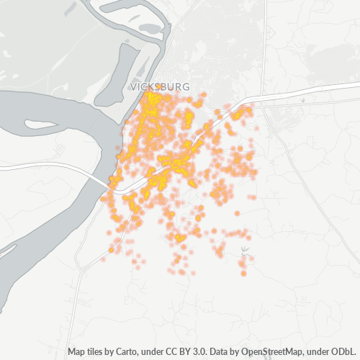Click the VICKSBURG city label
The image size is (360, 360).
161,86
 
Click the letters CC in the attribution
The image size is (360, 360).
171,352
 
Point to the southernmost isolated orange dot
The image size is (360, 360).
244,274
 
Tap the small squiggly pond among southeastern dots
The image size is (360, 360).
245,251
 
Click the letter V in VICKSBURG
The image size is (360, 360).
134,86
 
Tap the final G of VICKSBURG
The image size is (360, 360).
186,86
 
